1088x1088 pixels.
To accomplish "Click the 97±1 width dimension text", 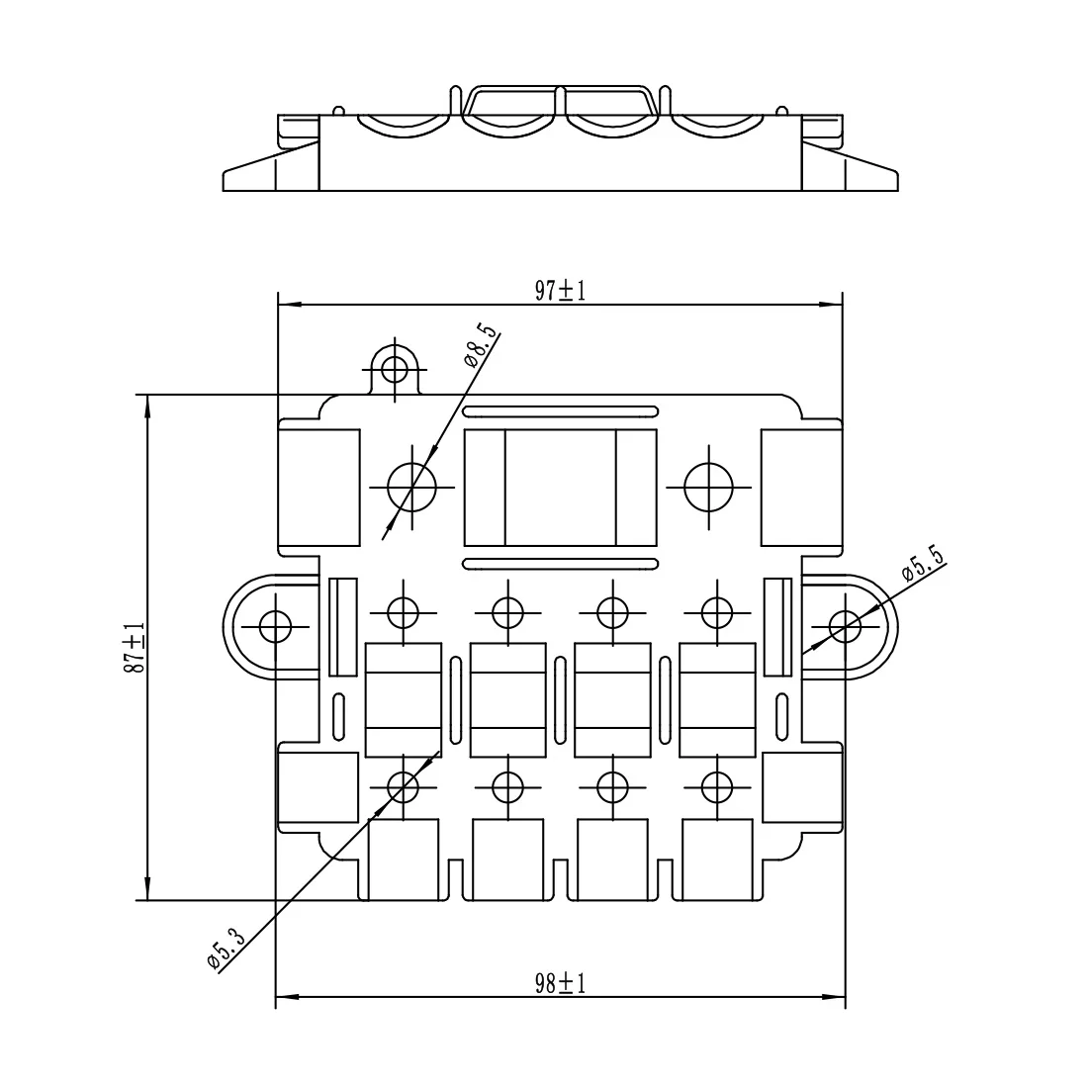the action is [560, 291].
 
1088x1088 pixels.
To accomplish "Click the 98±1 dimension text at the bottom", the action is [560, 983].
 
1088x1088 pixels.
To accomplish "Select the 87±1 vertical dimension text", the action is [135, 647].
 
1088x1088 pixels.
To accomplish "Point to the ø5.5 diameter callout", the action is [924, 563].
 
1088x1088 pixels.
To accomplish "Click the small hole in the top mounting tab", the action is [395, 369].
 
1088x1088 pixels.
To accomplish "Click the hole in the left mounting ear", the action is [276, 626].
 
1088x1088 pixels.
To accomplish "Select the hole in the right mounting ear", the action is [845, 626].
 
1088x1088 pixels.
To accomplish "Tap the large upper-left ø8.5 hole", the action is [412, 487].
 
